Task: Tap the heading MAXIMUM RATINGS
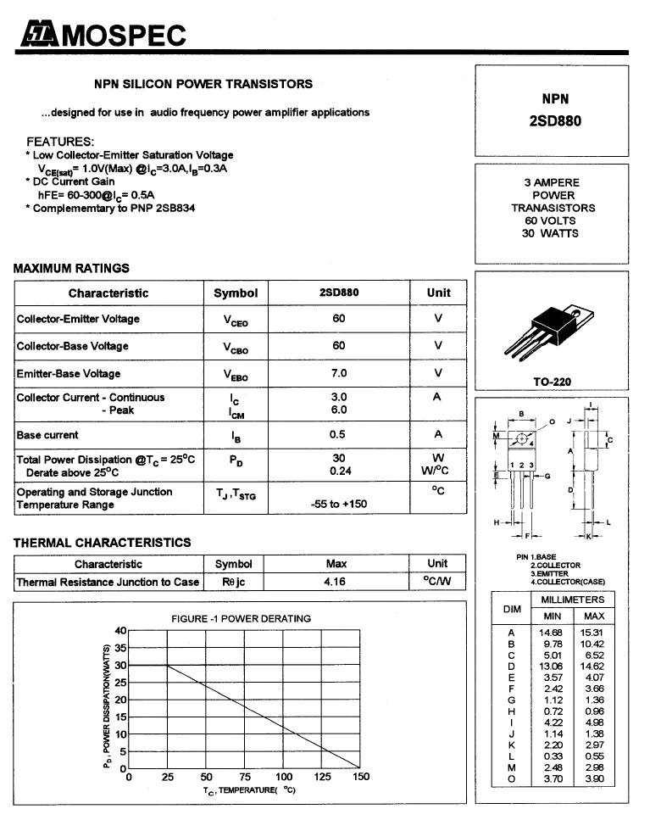pos(71,268)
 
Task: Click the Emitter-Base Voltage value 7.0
pos(339,373)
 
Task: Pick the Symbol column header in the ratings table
pos(236,293)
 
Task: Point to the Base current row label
pos(47,435)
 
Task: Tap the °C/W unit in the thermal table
pos(437,582)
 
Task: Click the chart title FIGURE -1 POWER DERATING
pos(241,618)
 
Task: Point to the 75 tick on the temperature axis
pos(245,777)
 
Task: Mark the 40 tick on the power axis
pos(120,630)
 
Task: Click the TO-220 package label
pos(552,382)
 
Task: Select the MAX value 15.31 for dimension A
pos(593,633)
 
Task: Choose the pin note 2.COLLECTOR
pos(555,565)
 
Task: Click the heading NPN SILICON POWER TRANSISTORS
pos(203,84)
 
